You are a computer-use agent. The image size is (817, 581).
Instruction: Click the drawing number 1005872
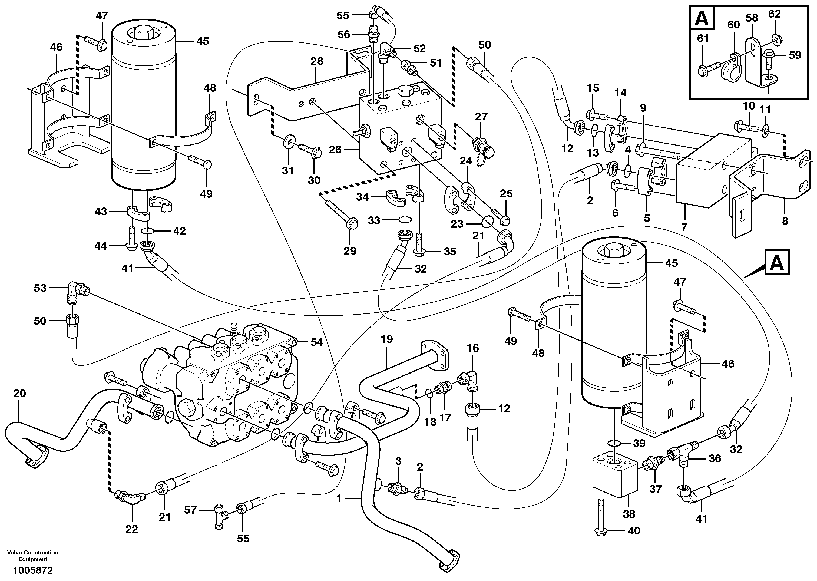click(x=33, y=570)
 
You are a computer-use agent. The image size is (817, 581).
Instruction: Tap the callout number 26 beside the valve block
click(x=335, y=150)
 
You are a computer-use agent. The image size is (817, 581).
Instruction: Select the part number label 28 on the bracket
click(x=317, y=61)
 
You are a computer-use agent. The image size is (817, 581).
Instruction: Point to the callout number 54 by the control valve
click(x=317, y=342)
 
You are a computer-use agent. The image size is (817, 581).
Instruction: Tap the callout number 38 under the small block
click(x=629, y=514)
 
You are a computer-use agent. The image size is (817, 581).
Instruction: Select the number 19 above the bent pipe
click(x=387, y=339)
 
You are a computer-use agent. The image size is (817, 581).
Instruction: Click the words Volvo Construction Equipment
click(x=33, y=556)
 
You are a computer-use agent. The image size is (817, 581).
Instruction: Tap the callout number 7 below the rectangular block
click(x=684, y=227)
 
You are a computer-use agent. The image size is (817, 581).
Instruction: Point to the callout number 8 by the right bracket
click(x=785, y=221)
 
